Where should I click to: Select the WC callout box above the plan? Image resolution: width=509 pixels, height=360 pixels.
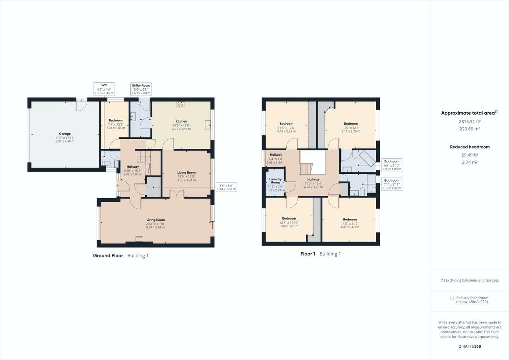(x=104, y=89)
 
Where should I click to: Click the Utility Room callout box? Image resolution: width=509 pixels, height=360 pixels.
(x=141, y=89)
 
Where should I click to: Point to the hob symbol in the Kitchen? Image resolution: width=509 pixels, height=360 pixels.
(x=181, y=105)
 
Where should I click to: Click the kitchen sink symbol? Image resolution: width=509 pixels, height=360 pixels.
(x=208, y=125)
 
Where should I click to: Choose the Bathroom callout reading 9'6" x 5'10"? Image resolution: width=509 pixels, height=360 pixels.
(x=392, y=164)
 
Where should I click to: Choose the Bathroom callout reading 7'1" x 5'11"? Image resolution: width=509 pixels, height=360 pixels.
(x=392, y=184)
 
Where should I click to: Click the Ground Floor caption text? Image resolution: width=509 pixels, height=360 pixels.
(x=108, y=255)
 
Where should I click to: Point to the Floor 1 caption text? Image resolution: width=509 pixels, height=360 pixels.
(x=308, y=254)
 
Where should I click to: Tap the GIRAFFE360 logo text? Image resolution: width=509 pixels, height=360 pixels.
(x=470, y=346)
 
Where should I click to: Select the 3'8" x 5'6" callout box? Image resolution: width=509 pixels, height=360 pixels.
(x=225, y=187)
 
